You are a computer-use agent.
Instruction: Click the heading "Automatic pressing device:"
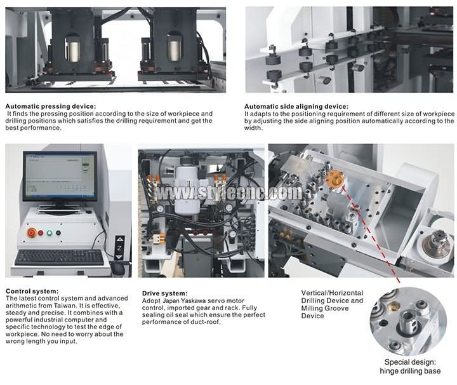[x=50, y=107]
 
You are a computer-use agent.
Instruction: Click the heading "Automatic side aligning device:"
[x=296, y=107]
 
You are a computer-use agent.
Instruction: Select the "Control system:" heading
[x=32, y=291]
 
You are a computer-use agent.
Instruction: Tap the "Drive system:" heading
[x=164, y=294]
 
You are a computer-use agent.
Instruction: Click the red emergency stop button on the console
[x=32, y=233]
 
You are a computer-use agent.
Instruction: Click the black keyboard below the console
[x=60, y=257]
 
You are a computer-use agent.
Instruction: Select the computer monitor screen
[x=60, y=176]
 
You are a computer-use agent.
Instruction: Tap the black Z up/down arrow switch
[x=119, y=248]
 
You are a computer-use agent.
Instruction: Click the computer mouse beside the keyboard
[x=118, y=268]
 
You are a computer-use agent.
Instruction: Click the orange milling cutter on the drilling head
[x=334, y=179]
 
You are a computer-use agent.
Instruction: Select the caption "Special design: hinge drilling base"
[x=410, y=367]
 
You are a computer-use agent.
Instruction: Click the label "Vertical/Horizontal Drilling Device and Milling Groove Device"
[x=332, y=304]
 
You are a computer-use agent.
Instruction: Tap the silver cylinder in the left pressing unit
[x=73, y=49]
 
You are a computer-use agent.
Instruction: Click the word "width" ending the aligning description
[x=253, y=128]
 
